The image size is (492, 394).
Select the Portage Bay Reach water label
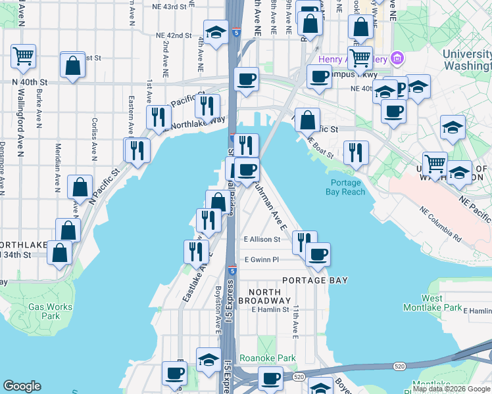pos(345,187)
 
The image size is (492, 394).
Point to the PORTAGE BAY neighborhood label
pos(314,280)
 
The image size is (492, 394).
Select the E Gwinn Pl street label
pos(262,259)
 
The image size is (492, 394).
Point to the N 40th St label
pos(30,82)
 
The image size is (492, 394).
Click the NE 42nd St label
pos(174,35)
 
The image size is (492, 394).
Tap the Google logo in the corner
pos(22,386)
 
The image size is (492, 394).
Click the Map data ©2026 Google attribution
pos(451,389)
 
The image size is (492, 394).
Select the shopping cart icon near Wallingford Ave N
pos(24,56)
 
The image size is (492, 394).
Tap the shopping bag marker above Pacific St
pos(307,120)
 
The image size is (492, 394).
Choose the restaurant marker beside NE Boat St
pos(355,152)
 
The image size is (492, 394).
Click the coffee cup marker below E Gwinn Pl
pos(317,254)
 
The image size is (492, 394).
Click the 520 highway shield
pos(299,377)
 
